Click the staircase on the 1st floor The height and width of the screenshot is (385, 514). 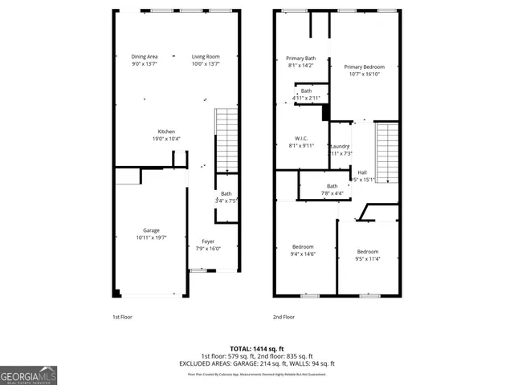[x=226, y=140]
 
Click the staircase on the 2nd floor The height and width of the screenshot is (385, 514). [x=388, y=152]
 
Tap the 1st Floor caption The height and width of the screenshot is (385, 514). [x=121, y=317]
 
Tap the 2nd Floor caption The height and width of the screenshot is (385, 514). [x=284, y=317]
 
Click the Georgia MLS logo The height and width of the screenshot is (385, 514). [x=28, y=375]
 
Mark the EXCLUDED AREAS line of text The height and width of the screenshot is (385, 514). [x=256, y=363]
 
